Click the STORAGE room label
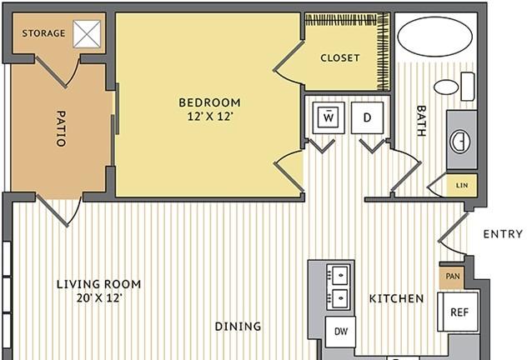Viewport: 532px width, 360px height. pyautogui.click(x=43, y=33)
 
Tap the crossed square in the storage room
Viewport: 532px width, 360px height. pyautogui.click(x=88, y=34)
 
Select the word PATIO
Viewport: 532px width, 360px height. pyautogui.click(x=60, y=128)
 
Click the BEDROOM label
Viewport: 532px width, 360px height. pyautogui.click(x=209, y=102)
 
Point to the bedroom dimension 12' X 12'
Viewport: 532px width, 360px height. pyautogui.click(x=210, y=117)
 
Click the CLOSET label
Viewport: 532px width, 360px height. pyautogui.click(x=340, y=58)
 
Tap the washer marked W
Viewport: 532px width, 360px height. pyautogui.click(x=329, y=117)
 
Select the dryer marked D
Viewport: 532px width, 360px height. pyautogui.click(x=367, y=117)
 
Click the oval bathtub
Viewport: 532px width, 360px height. pyautogui.click(x=434, y=37)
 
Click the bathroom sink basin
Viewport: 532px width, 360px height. pyautogui.click(x=460, y=141)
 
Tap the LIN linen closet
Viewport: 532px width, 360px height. pyautogui.click(x=462, y=186)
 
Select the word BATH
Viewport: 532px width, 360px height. pyautogui.click(x=421, y=121)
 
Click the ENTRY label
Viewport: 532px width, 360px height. pyautogui.click(x=503, y=234)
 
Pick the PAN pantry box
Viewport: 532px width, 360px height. pyautogui.click(x=452, y=277)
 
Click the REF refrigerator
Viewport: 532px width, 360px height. pyautogui.click(x=458, y=312)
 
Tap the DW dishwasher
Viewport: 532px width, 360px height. pyautogui.click(x=341, y=332)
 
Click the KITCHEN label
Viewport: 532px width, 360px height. pyautogui.click(x=396, y=298)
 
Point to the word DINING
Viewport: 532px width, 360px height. pyautogui.click(x=238, y=327)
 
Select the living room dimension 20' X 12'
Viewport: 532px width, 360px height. pyautogui.click(x=99, y=298)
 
